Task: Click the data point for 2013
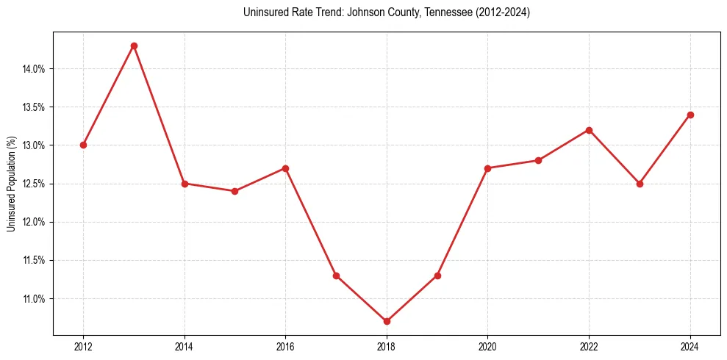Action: tap(134, 46)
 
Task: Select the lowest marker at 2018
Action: tap(387, 321)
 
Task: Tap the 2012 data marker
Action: tap(83, 145)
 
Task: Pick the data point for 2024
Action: tap(690, 115)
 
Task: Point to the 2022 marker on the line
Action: tap(589, 130)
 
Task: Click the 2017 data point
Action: tap(336, 276)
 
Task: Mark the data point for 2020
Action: tap(488, 168)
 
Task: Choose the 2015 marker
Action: tap(235, 191)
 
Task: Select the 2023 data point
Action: tap(640, 184)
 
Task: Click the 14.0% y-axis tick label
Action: tap(35, 69)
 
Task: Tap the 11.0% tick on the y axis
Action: tap(35, 299)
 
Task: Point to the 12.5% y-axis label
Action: tap(35, 184)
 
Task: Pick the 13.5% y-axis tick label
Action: tap(35, 107)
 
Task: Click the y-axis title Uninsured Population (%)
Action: tap(11, 184)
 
